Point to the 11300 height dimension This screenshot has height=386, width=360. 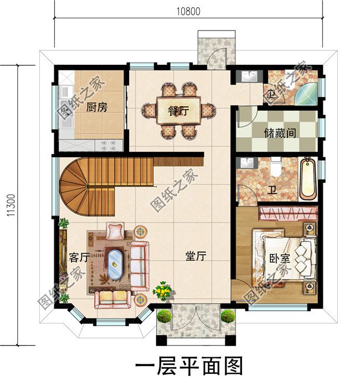tap(11, 204)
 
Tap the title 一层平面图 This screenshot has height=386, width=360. tap(189, 367)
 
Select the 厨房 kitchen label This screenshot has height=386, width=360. tap(96, 107)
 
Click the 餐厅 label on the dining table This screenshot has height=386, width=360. tap(178, 110)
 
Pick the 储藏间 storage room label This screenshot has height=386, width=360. tap(284, 133)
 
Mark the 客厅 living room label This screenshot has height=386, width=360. tap(79, 258)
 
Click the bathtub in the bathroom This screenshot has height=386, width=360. tap(307, 179)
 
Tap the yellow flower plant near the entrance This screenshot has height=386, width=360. tap(163, 290)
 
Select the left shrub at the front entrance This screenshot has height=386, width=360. tap(164, 316)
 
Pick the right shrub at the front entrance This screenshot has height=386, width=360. tap(228, 316)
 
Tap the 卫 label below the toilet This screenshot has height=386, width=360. tap(272, 191)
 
